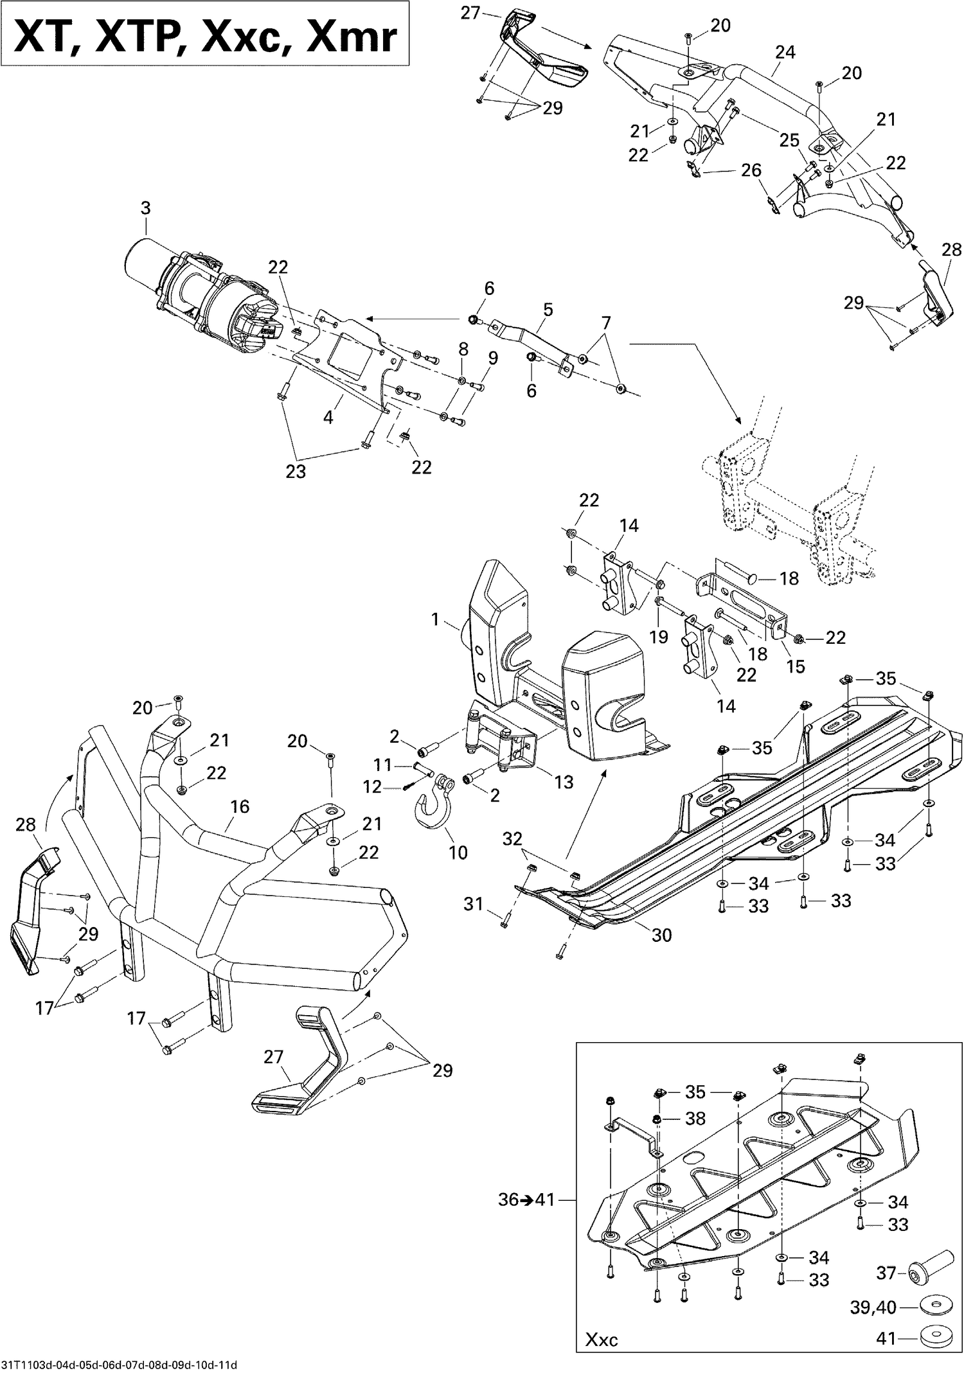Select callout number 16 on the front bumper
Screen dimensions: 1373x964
[x=240, y=806]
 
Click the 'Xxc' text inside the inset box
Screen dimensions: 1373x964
[x=602, y=1340]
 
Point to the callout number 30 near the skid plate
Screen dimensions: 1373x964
[x=661, y=935]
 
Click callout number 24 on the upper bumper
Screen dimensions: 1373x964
[x=785, y=52]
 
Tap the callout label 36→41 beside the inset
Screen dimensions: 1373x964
[x=525, y=1200]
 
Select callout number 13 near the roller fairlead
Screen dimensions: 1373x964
[x=564, y=782]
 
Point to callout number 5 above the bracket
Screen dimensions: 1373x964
[x=548, y=310]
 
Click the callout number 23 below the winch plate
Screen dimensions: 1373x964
[x=296, y=472]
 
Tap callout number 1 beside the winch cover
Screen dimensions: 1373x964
[x=435, y=619]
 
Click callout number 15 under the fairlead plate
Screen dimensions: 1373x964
[x=795, y=666]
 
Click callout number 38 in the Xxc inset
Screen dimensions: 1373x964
[x=695, y=1119]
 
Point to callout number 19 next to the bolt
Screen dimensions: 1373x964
[x=659, y=637]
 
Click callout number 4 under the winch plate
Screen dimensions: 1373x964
[x=328, y=417]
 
